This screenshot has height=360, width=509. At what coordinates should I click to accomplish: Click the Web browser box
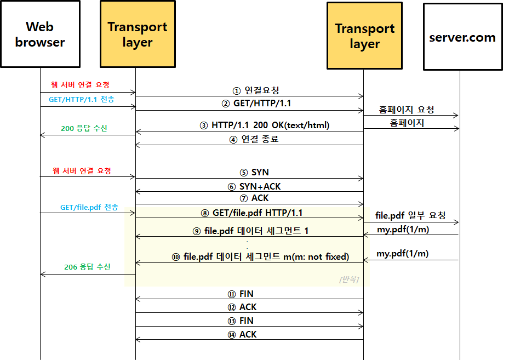[40, 34]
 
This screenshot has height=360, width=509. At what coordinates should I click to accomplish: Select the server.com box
[462, 37]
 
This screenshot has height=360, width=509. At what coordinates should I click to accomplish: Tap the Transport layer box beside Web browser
[138, 34]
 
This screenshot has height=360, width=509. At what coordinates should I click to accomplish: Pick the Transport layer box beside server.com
[364, 36]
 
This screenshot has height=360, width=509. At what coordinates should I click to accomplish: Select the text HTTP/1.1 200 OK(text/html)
[271, 125]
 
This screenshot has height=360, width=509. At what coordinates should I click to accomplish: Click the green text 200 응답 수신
[84, 128]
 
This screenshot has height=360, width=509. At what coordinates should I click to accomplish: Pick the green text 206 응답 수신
[87, 267]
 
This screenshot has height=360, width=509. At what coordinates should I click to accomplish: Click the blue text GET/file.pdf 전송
[89, 207]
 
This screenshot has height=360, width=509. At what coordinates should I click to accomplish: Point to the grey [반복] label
[349, 279]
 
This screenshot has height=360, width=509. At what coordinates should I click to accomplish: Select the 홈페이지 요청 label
[407, 110]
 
